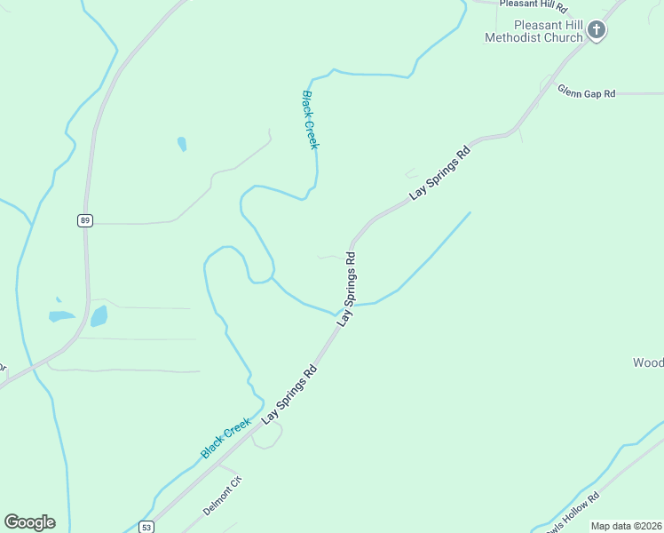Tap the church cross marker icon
tap(597, 31)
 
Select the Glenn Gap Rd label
tap(586, 91)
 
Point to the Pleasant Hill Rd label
tap(533, 4)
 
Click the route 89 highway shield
tap(84, 220)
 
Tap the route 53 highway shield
tap(146, 527)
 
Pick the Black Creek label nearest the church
tap(310, 119)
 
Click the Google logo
tap(29, 522)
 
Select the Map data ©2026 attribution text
tap(627, 526)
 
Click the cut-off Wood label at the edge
tap(647, 362)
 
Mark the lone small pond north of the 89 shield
tap(182, 143)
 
